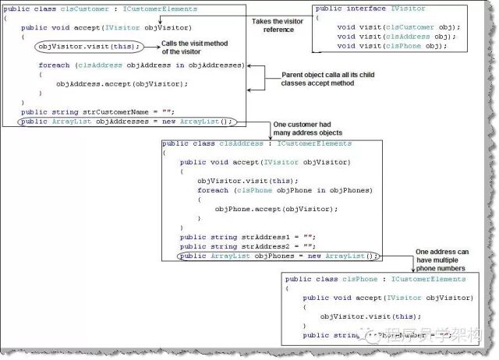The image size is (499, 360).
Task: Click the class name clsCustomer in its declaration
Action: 79,9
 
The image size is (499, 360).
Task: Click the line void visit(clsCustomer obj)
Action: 396,27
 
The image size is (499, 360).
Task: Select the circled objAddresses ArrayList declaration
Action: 127,122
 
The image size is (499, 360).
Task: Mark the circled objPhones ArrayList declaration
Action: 278,256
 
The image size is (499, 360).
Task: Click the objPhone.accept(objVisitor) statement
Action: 276,209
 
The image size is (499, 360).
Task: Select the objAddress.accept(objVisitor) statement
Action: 122,83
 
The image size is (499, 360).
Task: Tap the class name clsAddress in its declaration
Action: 239,144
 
